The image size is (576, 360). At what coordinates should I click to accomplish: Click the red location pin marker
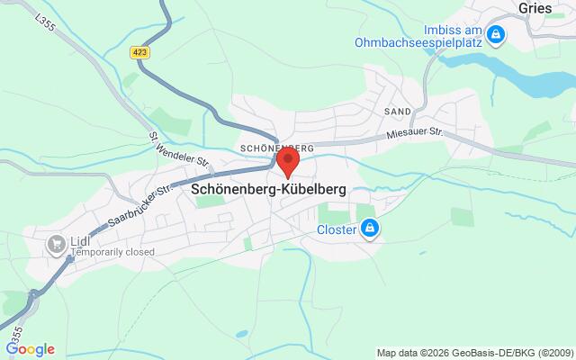click(x=287, y=162)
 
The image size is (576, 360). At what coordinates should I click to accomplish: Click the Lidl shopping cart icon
click(x=57, y=242)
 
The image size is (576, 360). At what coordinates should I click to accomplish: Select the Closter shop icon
click(x=368, y=230)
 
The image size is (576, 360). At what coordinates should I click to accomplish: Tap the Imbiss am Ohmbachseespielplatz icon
click(x=495, y=36)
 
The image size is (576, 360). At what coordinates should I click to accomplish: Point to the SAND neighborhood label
click(x=396, y=112)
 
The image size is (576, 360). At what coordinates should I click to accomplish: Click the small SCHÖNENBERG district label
click(x=276, y=148)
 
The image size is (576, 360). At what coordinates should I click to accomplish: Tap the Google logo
click(x=30, y=349)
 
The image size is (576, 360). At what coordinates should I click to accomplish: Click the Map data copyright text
click(x=473, y=352)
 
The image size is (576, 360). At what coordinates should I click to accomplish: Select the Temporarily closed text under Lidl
click(x=112, y=253)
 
